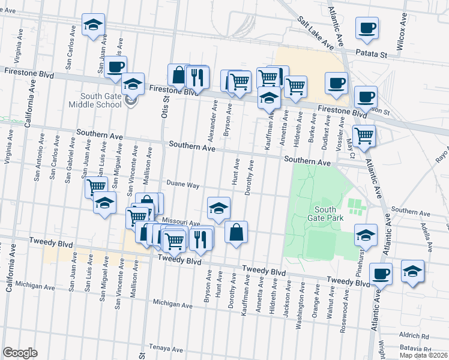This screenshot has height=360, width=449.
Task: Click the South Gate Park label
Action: coord(329,213)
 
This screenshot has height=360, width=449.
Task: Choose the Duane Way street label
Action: coord(183,185)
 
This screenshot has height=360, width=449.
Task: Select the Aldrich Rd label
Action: coord(414,336)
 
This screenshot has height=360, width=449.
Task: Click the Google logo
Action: coord(20,353)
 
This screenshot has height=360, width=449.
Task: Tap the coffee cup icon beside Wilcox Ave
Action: coord(367,27)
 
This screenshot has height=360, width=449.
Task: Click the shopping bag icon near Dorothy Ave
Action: coord(237,232)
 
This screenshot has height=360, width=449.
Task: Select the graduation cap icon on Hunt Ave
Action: coord(219,208)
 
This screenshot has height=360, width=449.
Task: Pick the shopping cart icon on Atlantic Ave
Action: coord(364,136)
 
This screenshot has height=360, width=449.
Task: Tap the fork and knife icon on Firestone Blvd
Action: coord(196,76)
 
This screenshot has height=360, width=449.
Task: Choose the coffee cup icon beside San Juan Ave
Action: coord(115,66)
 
